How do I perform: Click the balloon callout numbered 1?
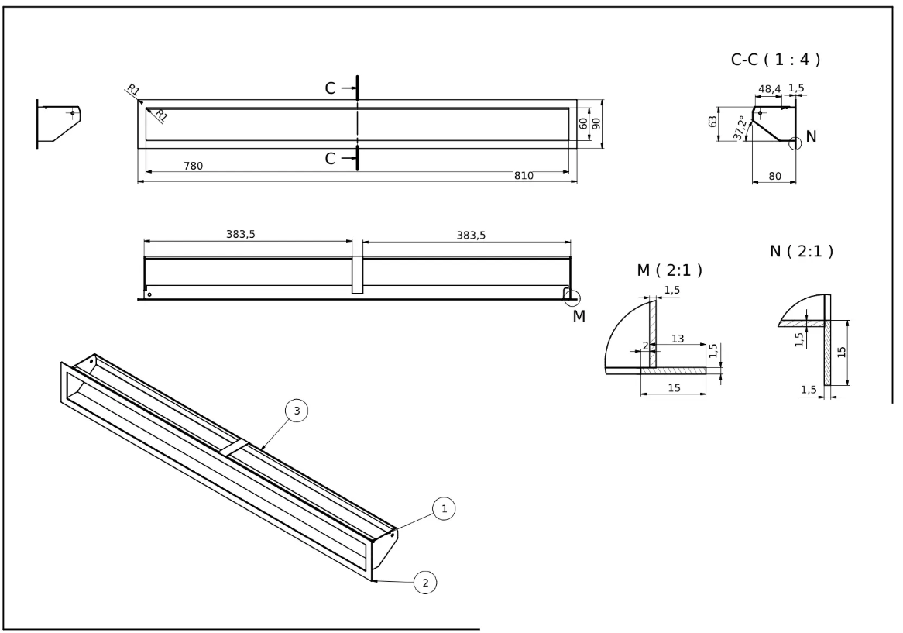click(x=444, y=508)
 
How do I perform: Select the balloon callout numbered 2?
click(x=424, y=582)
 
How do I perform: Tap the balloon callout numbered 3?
click(x=297, y=411)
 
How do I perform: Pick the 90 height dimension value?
click(x=596, y=123)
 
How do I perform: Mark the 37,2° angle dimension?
click(x=741, y=128)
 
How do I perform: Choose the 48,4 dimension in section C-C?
click(x=768, y=89)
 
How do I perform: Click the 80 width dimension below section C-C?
click(x=773, y=176)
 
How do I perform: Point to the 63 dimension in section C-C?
click(x=712, y=123)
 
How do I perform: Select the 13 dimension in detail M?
click(x=678, y=338)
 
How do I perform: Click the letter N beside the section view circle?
click(x=811, y=136)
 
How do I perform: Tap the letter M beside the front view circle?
click(x=579, y=316)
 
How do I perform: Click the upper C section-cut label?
click(x=331, y=88)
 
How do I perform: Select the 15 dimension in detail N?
click(x=841, y=352)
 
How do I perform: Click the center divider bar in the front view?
click(x=357, y=275)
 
